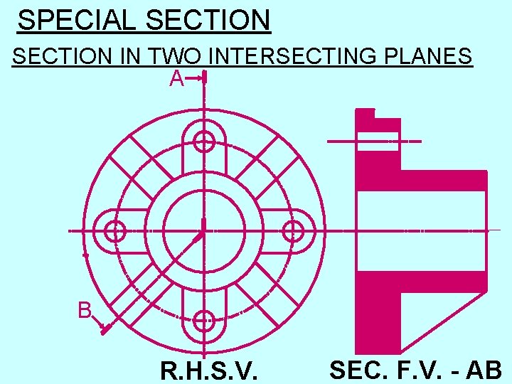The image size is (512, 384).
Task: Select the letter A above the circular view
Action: [x=176, y=80]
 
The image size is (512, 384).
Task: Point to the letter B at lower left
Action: [x=85, y=311]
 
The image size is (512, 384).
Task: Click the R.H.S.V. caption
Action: [x=209, y=370]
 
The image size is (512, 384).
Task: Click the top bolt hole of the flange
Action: [x=204, y=142]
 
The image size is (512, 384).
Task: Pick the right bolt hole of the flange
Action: [x=293, y=231]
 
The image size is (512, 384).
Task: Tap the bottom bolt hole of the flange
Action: [x=204, y=321]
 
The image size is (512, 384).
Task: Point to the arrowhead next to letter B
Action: [x=104, y=329]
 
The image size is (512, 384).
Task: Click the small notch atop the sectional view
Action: [x=365, y=113]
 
